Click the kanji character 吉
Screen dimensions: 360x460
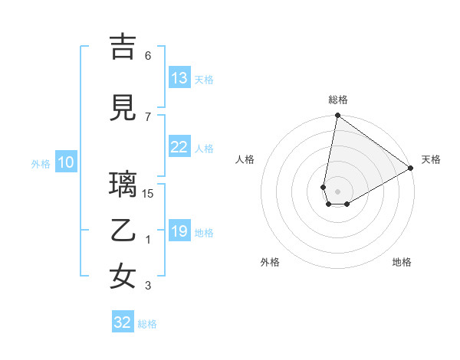tap(123, 48)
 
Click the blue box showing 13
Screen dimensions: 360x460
tap(179, 78)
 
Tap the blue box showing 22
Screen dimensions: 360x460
tap(179, 147)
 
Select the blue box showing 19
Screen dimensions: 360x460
tap(179, 231)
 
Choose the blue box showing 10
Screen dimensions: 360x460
tap(66, 162)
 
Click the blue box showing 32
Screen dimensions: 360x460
tap(123, 322)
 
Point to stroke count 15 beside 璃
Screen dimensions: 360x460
tap(148, 194)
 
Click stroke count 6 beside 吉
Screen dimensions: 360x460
tap(148, 56)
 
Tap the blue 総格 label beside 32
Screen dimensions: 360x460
tap(147, 324)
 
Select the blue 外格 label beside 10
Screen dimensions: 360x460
tap(40, 163)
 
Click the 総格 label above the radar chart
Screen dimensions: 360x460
tap(338, 100)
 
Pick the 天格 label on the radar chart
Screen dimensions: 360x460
tap(431, 159)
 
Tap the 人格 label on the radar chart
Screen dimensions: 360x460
tap(245, 159)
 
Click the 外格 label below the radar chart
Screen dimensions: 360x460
tap(270, 262)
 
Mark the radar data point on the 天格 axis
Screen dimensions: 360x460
tap(411, 169)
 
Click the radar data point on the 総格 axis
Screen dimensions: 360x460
tap(337, 116)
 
